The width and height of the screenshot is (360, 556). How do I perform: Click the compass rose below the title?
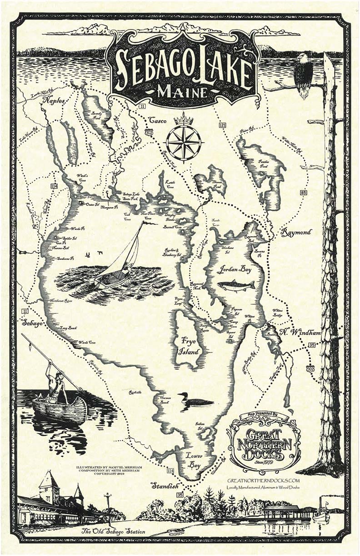tap(184, 142)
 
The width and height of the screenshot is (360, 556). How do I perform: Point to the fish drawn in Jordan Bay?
tap(235, 285)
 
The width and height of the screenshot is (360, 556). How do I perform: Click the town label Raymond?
tap(296, 232)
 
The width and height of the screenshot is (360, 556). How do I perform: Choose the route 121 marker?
tap(222, 124)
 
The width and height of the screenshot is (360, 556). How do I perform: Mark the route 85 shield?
tap(304, 193)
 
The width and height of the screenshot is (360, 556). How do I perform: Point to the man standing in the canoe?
tap(57, 384)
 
